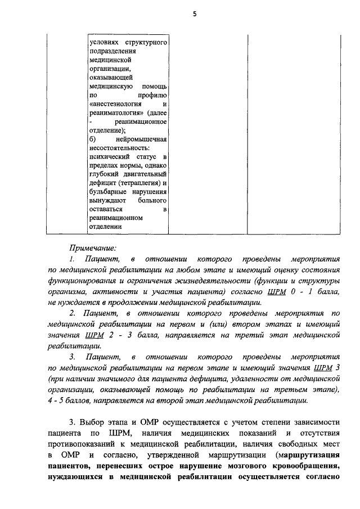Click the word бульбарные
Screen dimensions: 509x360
point(108,191)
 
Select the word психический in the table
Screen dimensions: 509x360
point(110,155)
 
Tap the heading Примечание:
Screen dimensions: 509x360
point(92,247)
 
